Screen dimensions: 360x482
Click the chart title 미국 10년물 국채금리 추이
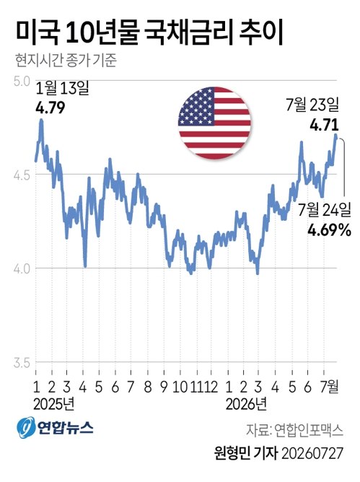click(x=149, y=33)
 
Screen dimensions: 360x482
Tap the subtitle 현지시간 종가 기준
click(x=66, y=61)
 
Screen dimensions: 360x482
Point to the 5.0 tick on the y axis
click(x=22, y=82)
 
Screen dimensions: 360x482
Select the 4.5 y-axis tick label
click(x=22, y=175)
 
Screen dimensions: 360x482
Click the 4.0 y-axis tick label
click(x=22, y=269)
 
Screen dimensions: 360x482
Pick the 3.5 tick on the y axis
click(x=22, y=363)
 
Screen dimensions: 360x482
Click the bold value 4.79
click(x=51, y=108)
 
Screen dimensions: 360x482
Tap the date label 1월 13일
click(x=63, y=89)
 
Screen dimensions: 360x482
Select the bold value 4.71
click(x=325, y=125)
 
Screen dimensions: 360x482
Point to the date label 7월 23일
click(x=312, y=105)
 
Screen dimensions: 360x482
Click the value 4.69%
click(x=329, y=229)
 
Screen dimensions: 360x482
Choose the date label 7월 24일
click(x=325, y=209)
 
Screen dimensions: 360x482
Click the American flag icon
click(x=214, y=123)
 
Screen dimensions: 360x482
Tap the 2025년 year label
click(x=54, y=404)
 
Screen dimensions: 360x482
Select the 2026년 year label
click(x=246, y=404)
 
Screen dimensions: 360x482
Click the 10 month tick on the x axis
click(x=180, y=387)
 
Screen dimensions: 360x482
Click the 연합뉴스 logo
click(x=55, y=427)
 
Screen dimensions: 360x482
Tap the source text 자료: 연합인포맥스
click(x=294, y=430)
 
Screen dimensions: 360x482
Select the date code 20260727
click(x=312, y=453)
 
